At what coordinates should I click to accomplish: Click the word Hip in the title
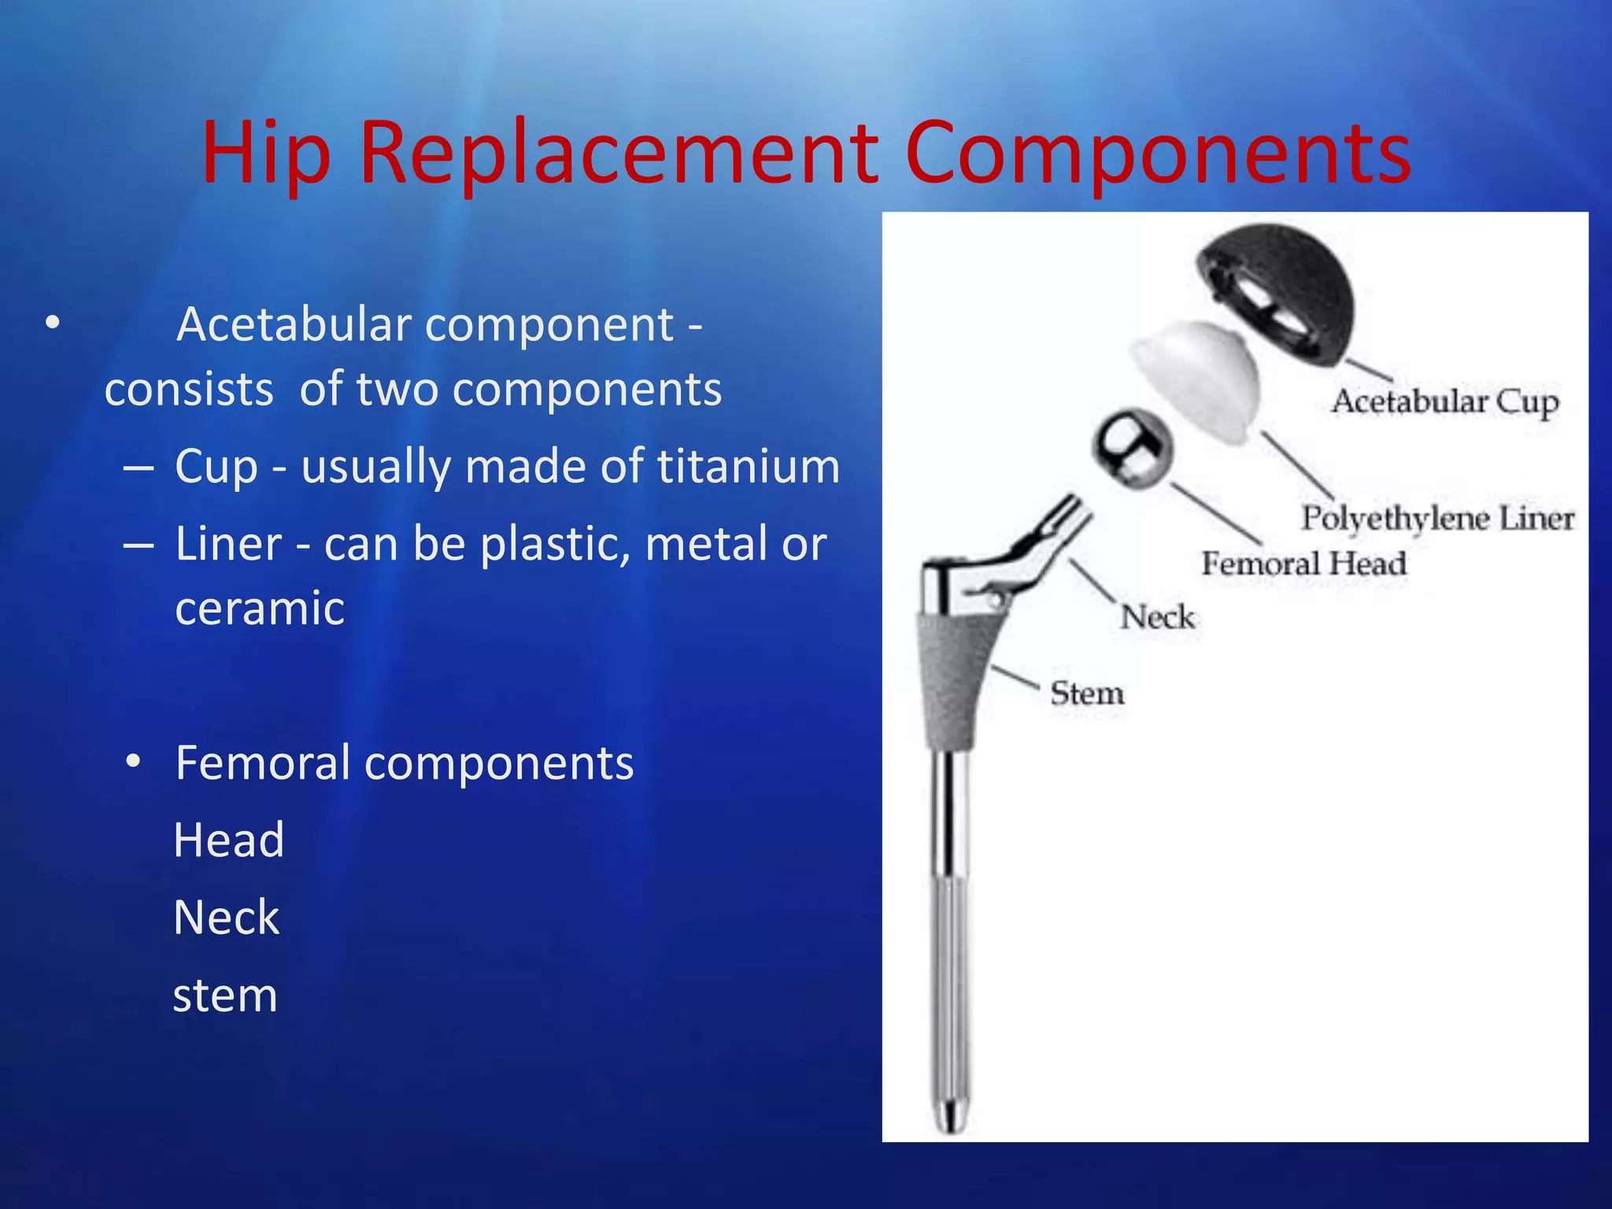pos(265,153)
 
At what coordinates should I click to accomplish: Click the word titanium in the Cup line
pos(749,466)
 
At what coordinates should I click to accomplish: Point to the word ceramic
pos(260,608)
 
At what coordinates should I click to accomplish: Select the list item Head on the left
pos(228,840)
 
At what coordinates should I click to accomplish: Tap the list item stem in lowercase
pos(225,995)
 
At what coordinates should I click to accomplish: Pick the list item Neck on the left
pos(227,918)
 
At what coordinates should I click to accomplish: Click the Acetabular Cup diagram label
pos(1444,402)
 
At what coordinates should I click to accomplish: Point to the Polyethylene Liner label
pos(1437,519)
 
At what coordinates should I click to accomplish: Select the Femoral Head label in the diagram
pos(1303,564)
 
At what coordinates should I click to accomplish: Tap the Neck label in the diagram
pos(1157,617)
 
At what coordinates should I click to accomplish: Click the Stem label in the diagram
pos(1087,693)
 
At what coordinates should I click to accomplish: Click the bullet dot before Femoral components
pos(134,761)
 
